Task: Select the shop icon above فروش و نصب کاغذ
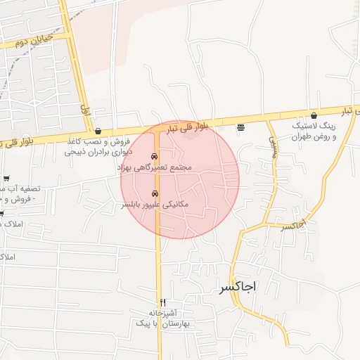98,131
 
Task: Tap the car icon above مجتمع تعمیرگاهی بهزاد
155,156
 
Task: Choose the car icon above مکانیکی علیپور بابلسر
155,193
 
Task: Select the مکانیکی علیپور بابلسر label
155,205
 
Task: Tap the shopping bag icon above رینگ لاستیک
314,115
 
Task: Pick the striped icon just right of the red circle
241,128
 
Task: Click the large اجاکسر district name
238,288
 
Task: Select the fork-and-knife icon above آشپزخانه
163,302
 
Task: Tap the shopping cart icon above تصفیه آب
6,179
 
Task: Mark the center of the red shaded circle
180,180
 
